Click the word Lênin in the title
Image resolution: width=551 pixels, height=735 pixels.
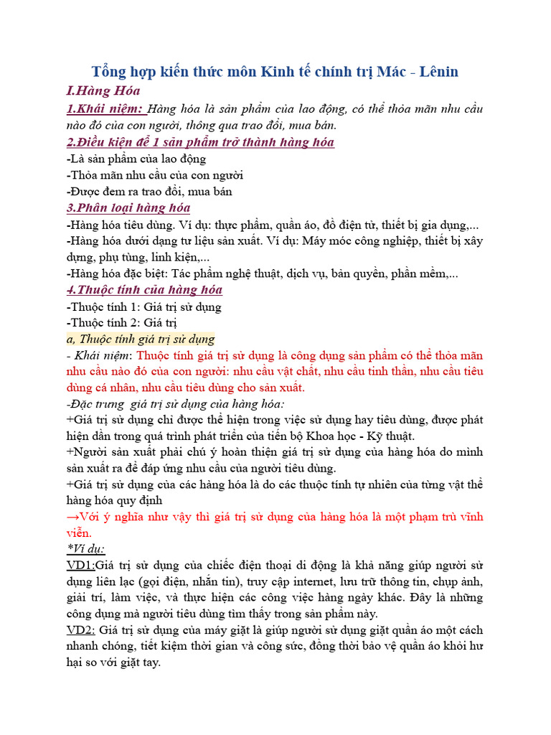[433, 72]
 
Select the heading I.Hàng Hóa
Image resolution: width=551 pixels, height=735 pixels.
[103, 91]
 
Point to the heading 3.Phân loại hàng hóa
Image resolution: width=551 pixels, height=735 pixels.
[128, 207]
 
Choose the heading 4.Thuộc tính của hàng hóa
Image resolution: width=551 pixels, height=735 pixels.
[143, 290]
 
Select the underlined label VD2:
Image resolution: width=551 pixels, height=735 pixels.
[81, 630]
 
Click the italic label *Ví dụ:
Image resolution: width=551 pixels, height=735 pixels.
[85, 549]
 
